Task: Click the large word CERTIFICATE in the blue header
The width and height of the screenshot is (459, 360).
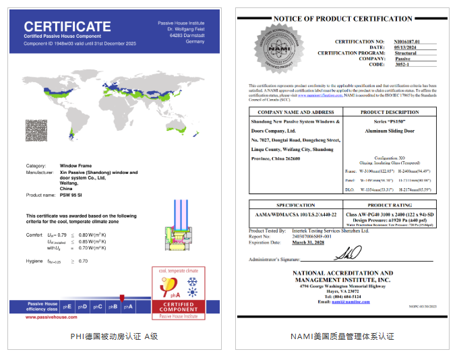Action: pyautogui.click(x=68, y=28)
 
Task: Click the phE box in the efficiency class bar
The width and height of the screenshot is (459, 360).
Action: pyautogui.click(x=66, y=306)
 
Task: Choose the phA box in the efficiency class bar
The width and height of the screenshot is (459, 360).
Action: pyautogui.click(x=128, y=306)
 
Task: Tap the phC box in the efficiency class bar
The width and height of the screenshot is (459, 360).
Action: pyautogui.click(x=97, y=306)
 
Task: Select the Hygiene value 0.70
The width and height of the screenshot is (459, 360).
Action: pyautogui.click(x=84, y=261)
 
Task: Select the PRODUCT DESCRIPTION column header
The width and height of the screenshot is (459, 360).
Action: pyautogui.click(x=390, y=112)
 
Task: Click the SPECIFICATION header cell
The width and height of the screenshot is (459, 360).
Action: pyautogui.click(x=295, y=205)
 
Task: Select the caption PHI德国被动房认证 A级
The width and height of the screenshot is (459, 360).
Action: pyautogui.click(x=114, y=335)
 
